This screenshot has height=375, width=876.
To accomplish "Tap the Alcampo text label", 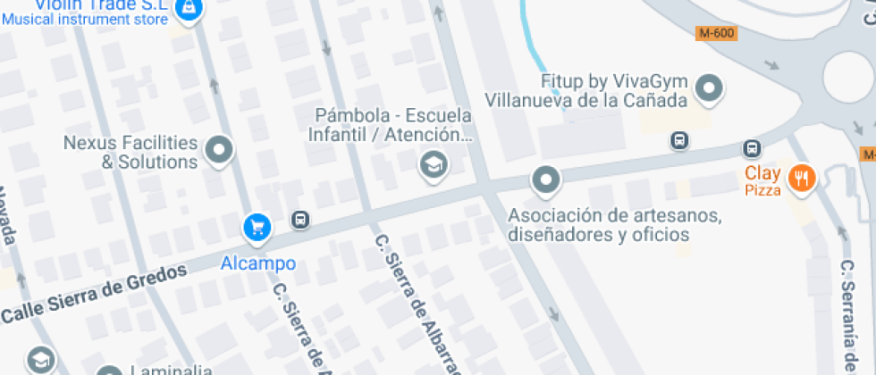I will point(257,263).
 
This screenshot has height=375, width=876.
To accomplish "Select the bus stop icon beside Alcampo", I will point(300,220).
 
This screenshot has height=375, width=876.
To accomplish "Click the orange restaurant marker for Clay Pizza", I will point(803,178).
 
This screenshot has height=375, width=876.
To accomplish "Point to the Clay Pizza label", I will point(763,180).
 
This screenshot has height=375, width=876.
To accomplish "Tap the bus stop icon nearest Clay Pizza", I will point(752,148).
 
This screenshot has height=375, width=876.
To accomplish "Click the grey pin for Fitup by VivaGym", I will point(710,87).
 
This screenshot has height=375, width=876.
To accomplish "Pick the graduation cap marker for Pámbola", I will point(434,164).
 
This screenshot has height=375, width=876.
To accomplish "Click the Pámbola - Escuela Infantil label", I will point(393,125).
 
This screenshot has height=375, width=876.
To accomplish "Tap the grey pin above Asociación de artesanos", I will point(544,180).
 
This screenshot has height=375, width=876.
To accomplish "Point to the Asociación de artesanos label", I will point(615,225).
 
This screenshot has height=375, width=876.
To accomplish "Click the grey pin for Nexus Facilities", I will point(218,150).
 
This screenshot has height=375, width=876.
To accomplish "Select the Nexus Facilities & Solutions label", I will point(131,152).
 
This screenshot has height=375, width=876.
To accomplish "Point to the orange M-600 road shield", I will point(716,33).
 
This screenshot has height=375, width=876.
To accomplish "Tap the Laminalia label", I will point(171,370).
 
